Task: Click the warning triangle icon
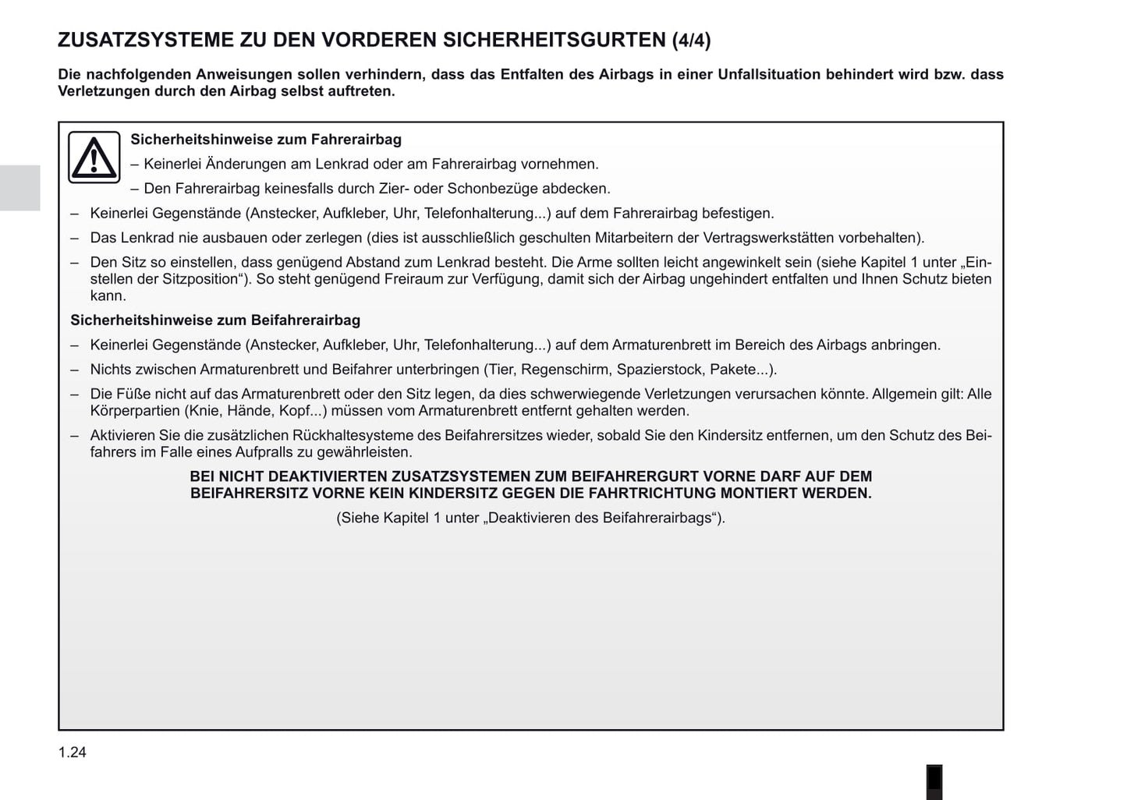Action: click(x=94, y=157)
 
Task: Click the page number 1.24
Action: click(x=72, y=752)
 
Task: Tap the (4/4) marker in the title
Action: click(x=691, y=41)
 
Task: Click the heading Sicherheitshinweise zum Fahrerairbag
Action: click(x=266, y=140)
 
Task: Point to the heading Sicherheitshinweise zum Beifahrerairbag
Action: click(x=215, y=320)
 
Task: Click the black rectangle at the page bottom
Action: click(x=934, y=782)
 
